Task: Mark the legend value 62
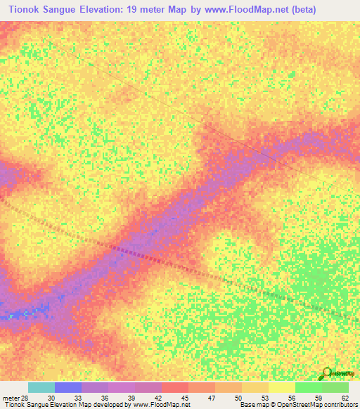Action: (345, 397)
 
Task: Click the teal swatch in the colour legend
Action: (41, 387)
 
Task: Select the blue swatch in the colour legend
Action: (68, 387)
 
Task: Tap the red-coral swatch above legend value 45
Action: (175, 387)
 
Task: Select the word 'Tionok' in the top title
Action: (21, 10)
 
